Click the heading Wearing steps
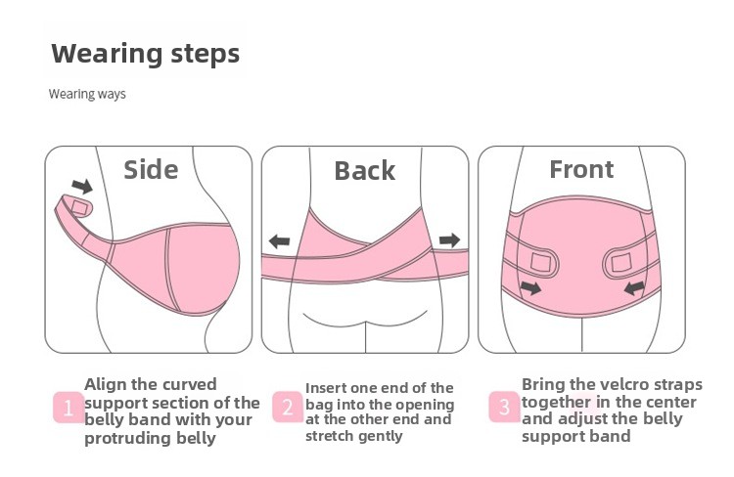click(146, 54)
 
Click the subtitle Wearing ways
click(87, 94)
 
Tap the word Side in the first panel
click(151, 169)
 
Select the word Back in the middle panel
click(365, 171)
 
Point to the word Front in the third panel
click(581, 169)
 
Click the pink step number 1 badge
click(69, 408)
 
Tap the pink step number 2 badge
click(288, 407)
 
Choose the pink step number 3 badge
click(504, 407)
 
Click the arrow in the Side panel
click(82, 186)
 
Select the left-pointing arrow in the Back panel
click(280, 241)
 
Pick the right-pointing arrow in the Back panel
click(449, 240)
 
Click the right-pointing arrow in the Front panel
click(530, 287)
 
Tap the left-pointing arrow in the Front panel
click(634, 287)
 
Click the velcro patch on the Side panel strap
click(79, 208)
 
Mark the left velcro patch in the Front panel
click(542, 262)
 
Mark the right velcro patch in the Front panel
click(621, 263)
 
